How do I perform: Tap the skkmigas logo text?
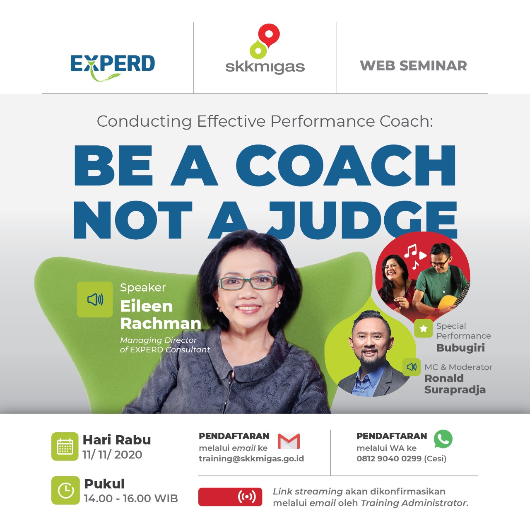pos(265,67)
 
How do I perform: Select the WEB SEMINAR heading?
pos(413,66)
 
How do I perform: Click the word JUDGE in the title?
pos(362,220)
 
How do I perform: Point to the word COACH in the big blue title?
pos(346,166)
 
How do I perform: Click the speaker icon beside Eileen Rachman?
pos(95,299)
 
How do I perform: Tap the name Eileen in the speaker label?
pos(146,306)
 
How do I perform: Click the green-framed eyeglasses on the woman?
pos(248,282)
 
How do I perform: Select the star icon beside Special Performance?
pos(424,328)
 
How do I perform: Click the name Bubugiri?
pos(460,348)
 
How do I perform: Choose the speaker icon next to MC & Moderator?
pos(412,366)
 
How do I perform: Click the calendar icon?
pos(65,446)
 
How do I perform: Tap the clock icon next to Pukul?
pos(65,490)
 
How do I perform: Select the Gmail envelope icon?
pos(289,441)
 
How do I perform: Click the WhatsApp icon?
pos(443,439)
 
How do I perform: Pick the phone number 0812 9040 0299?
pos(389,458)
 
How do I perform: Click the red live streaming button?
pos(230,497)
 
